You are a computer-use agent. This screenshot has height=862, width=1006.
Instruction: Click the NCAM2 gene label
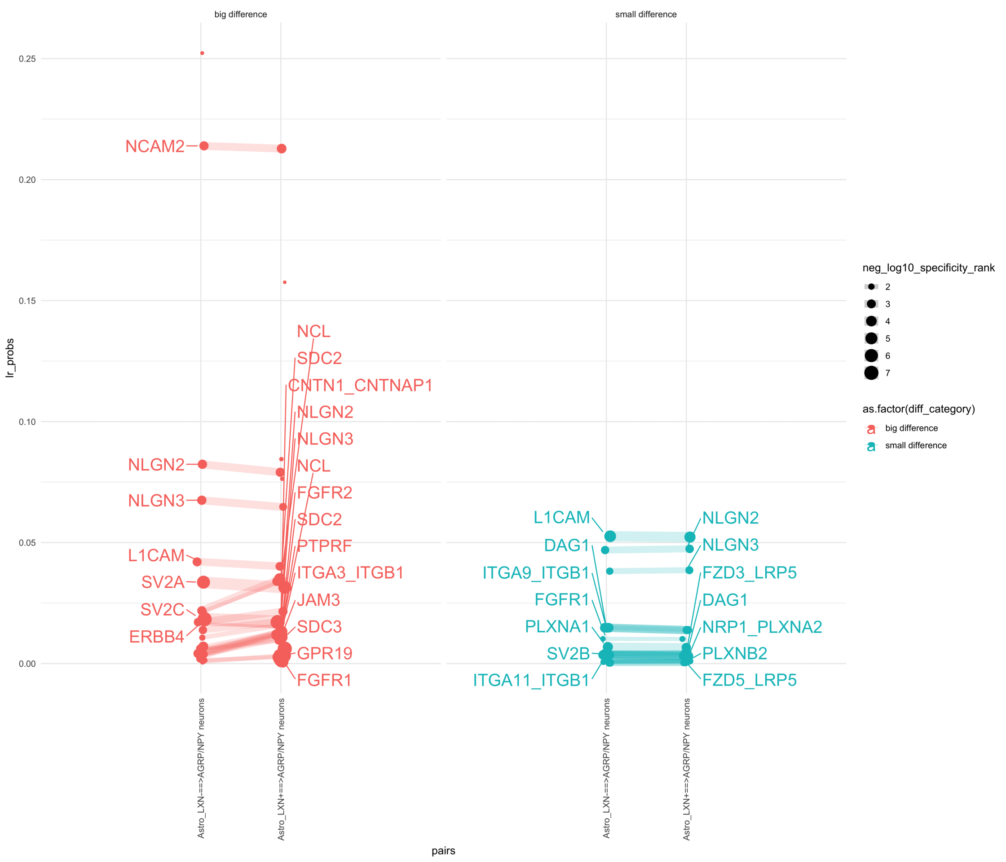(x=155, y=146)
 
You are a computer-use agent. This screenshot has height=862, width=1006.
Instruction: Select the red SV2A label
(x=163, y=582)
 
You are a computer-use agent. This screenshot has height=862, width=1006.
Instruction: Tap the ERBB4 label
(x=156, y=637)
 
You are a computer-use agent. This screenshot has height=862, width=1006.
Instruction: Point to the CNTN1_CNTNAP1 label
(x=360, y=385)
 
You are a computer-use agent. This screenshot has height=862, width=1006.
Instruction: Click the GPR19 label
(x=324, y=653)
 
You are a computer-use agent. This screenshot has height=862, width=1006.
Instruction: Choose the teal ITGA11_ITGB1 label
(x=531, y=680)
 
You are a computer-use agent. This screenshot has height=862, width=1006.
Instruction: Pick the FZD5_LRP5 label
(x=749, y=680)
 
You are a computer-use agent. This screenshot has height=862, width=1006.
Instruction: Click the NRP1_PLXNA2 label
(x=762, y=627)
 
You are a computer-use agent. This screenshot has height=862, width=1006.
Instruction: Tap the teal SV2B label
(x=568, y=654)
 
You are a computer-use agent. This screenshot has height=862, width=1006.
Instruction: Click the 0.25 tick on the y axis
(x=27, y=59)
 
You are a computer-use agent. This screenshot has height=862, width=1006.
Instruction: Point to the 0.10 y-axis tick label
(x=27, y=422)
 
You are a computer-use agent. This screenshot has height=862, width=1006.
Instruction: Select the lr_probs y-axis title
(x=10, y=358)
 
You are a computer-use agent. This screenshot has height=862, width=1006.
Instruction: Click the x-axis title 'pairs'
(x=443, y=850)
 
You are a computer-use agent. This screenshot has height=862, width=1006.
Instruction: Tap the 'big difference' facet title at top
(x=240, y=14)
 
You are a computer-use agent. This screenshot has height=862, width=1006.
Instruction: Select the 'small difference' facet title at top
(x=646, y=14)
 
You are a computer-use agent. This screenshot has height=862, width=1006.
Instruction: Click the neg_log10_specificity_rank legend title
(x=928, y=268)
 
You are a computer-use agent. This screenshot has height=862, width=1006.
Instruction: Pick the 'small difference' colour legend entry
(x=916, y=445)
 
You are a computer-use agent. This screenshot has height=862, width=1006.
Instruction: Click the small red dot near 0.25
(x=202, y=53)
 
